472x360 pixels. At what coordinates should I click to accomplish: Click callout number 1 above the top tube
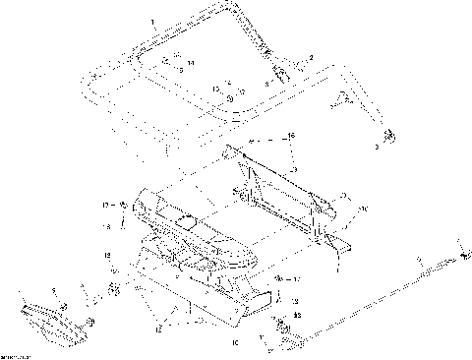click(x=151, y=20)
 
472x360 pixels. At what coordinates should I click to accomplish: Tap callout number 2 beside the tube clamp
click(x=312, y=59)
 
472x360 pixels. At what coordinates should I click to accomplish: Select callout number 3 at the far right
click(x=374, y=147)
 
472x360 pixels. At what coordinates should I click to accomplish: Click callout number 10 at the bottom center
click(x=233, y=343)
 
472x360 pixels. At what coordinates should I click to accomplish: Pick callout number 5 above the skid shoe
click(x=53, y=291)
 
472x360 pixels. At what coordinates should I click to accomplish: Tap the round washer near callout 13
click(x=228, y=98)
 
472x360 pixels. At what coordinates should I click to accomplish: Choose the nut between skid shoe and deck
click(x=113, y=289)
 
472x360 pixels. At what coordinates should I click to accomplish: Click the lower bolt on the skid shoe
click(x=90, y=322)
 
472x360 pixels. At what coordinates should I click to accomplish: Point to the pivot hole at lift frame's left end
click(x=233, y=150)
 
